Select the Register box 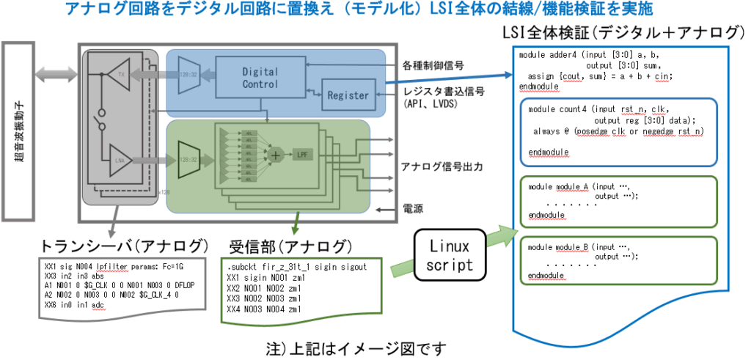(x=348, y=95)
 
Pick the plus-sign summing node (x=276, y=155)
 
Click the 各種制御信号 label (x=433, y=66)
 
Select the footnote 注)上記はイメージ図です (x=357, y=346)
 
